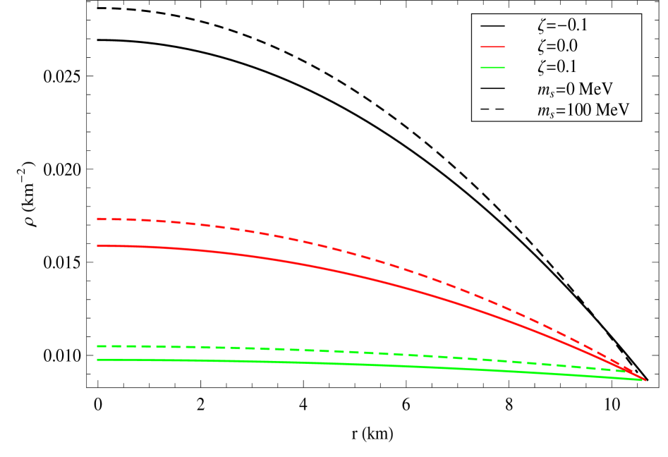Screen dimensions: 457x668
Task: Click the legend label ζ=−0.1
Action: (x=561, y=26)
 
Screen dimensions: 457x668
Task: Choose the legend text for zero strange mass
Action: (x=573, y=89)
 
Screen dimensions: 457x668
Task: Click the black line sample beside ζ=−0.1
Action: (x=493, y=26)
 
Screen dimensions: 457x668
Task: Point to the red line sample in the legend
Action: (x=493, y=47)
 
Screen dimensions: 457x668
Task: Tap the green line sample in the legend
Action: (x=493, y=68)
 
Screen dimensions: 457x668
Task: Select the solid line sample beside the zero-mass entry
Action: (x=493, y=89)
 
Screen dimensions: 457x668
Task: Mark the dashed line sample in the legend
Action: (x=493, y=110)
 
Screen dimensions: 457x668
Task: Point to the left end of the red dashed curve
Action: (x=97, y=219)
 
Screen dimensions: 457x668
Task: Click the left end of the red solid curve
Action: (x=97, y=245)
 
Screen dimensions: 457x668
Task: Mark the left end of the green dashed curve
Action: (x=97, y=346)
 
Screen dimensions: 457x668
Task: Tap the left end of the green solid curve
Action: (x=97, y=360)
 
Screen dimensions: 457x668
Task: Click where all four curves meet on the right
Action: (x=643, y=380)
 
